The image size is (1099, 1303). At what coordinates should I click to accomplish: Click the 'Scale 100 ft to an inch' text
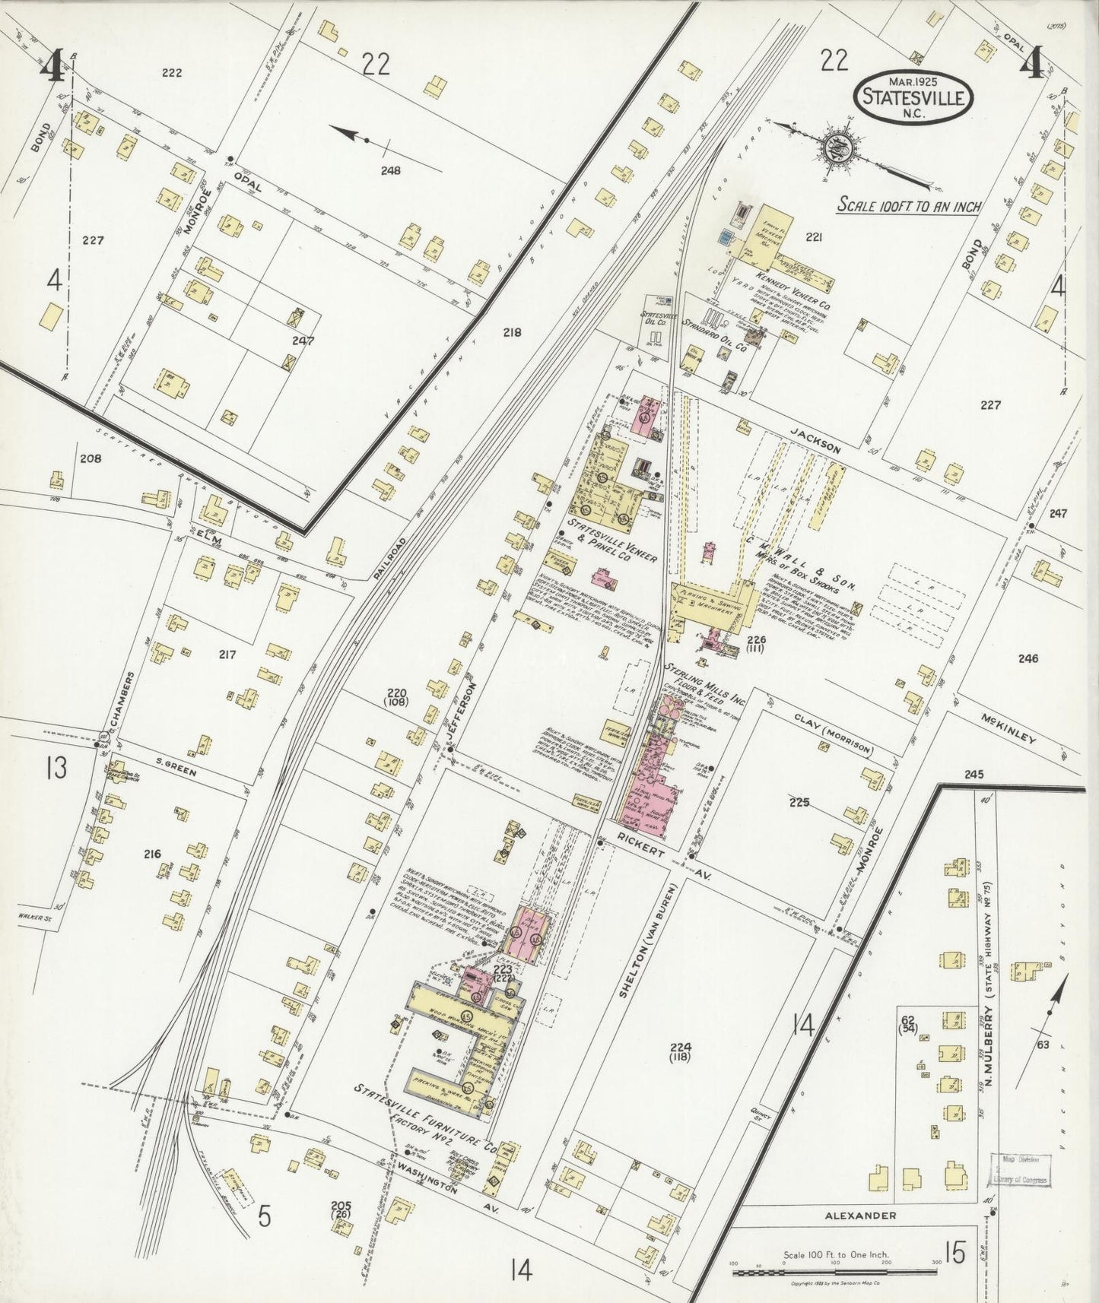point(908,205)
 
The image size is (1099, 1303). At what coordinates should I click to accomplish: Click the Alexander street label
point(860,1216)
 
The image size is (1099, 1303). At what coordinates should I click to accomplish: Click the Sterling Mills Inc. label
point(694,679)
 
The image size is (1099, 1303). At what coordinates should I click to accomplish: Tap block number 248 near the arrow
point(391,170)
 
